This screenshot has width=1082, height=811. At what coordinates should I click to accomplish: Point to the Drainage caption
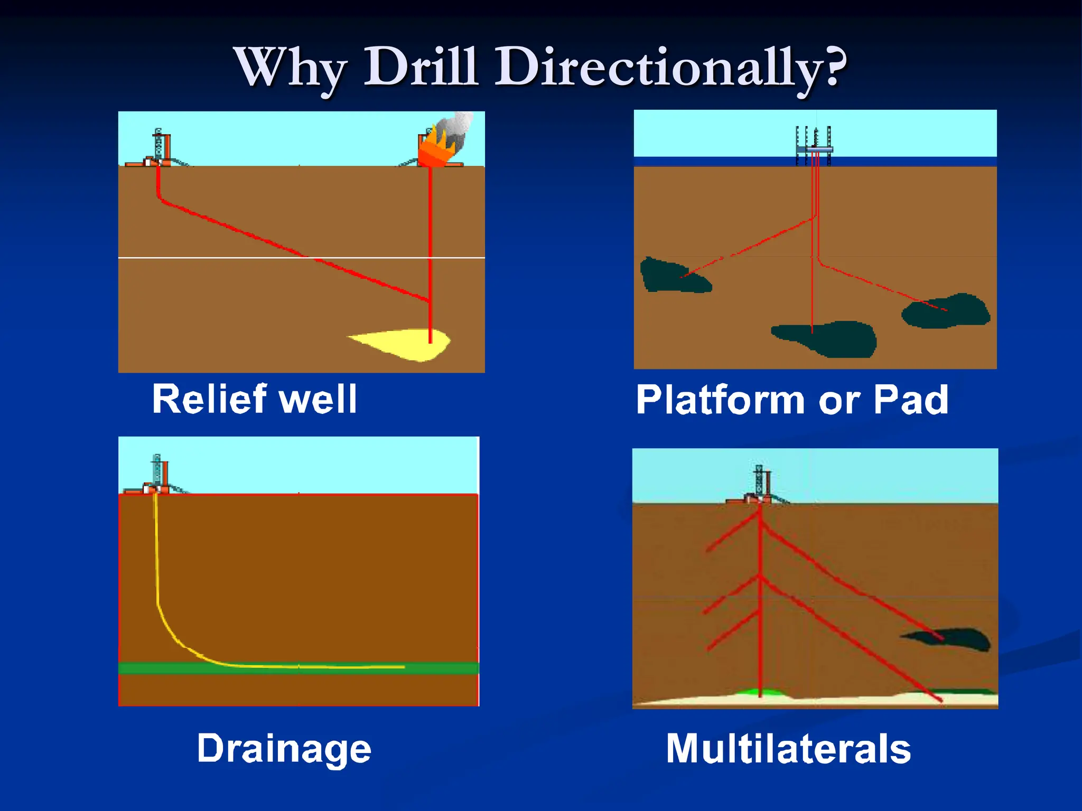point(284,749)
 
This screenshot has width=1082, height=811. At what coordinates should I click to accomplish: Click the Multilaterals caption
point(788,749)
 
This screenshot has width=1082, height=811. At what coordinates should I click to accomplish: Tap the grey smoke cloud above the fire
point(458,127)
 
